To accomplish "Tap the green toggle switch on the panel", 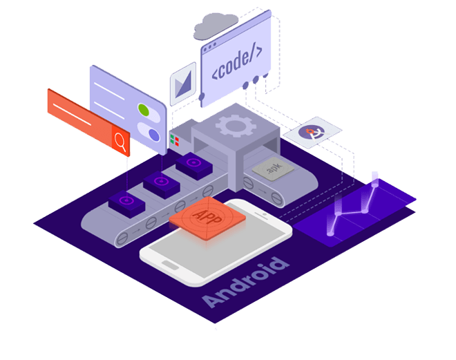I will (x=144, y=109).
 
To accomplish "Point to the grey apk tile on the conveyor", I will (x=266, y=168).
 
